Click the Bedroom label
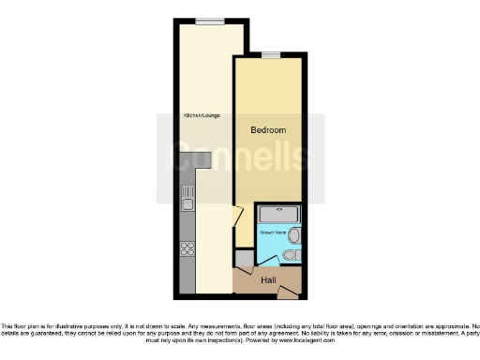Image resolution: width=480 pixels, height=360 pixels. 268,129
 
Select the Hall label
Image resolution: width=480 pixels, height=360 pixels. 268,279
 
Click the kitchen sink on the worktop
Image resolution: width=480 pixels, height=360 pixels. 187,202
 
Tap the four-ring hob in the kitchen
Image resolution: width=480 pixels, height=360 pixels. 186,249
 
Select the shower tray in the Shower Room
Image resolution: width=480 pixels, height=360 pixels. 278,214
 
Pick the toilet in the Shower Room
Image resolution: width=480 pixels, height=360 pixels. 291,254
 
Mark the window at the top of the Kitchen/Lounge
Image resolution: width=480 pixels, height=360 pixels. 209,21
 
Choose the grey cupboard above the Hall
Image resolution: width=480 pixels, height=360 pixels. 244,260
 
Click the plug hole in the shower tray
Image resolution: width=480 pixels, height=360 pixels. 278,214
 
